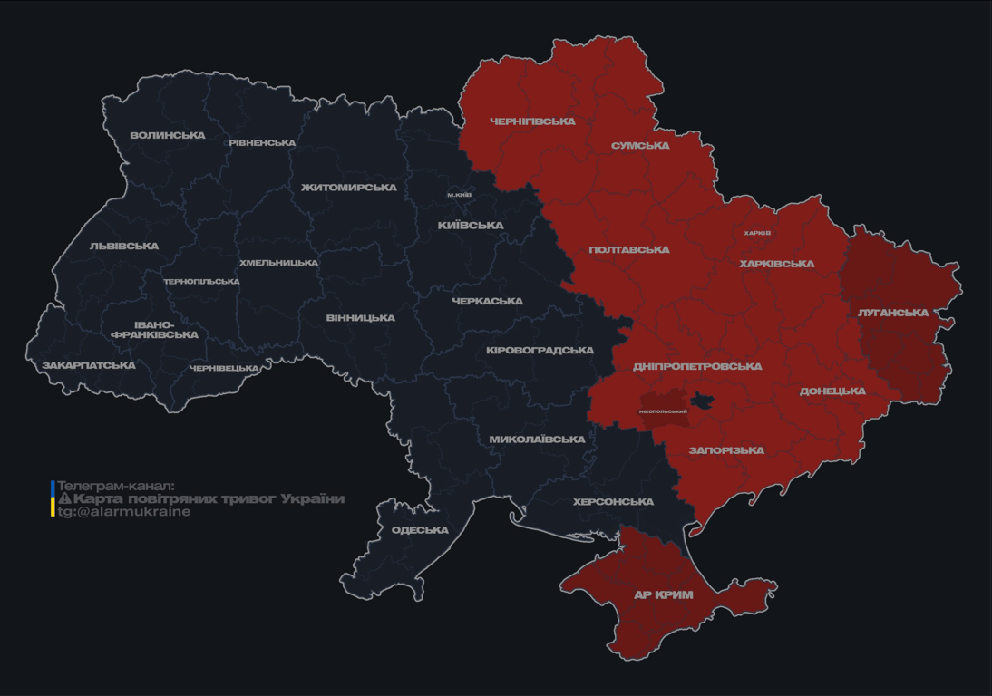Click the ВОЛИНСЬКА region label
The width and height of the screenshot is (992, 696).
pos(168,136)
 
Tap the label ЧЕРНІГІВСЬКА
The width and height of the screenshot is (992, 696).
pos(532,121)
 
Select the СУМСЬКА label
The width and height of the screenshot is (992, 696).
pos(640,146)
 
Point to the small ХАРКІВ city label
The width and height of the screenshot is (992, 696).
pos(757,233)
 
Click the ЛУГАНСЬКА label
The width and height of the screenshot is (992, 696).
pos(893,313)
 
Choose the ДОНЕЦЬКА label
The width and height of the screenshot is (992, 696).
pos(832,391)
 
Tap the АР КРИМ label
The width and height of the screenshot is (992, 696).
pos(664,595)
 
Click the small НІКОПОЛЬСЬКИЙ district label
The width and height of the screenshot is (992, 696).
pos(663,411)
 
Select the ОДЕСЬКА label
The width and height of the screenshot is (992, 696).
pos(420,530)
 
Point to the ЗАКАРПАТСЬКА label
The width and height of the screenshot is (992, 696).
pos(89,366)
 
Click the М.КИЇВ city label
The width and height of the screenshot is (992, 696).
pos(459,195)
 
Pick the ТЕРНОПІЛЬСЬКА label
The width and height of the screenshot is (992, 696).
pos(201,282)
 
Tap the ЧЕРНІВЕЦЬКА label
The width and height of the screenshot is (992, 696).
pos(224,368)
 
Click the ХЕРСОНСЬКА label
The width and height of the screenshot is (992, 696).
pos(613,502)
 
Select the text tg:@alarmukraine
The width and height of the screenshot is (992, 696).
pos(124,512)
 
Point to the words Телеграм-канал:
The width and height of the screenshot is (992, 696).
pos(115,486)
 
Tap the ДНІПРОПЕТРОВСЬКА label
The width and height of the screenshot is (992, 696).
pos(697,367)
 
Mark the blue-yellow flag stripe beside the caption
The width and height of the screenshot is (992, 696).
pos(53,498)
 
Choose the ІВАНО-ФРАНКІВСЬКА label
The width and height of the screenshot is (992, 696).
pos(154,330)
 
